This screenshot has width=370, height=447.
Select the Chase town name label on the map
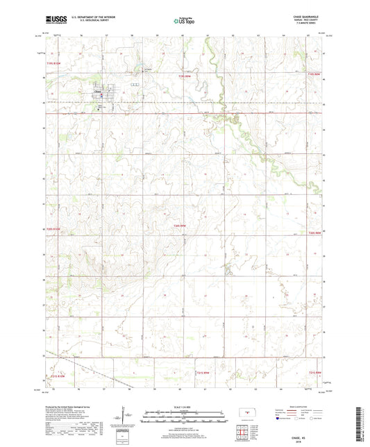(97, 90)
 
